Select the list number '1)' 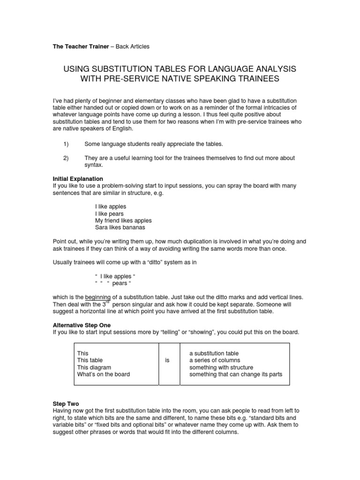66,144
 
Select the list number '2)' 66,158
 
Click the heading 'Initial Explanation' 78,179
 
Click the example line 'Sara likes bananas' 120,227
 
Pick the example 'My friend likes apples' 123,220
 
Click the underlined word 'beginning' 97,297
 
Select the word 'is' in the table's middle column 167,360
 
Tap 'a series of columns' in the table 215,360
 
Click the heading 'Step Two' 66,403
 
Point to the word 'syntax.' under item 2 94,165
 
